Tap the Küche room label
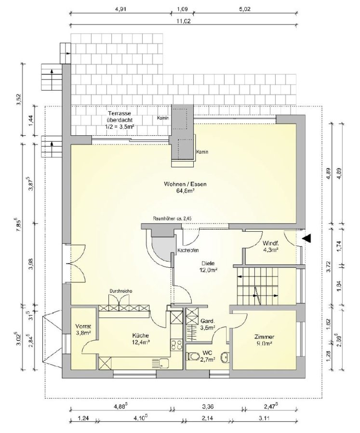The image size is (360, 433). click(x=140, y=339)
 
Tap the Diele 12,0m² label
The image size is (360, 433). click(x=208, y=267)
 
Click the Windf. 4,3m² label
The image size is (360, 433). click(x=270, y=247)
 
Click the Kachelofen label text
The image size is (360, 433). click(x=188, y=251)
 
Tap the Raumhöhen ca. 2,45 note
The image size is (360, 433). click(x=172, y=219)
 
